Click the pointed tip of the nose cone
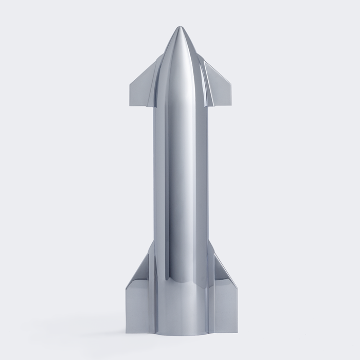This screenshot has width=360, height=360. click(x=179, y=27)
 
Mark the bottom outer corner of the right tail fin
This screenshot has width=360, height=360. click(x=237, y=331)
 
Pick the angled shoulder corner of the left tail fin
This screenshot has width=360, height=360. click(x=126, y=286)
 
